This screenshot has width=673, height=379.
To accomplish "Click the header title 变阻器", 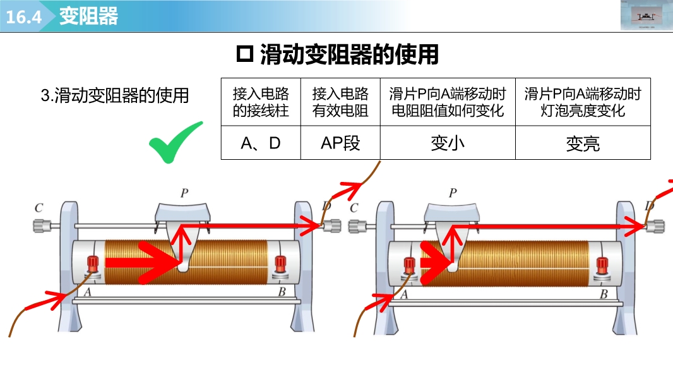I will pos(88,16).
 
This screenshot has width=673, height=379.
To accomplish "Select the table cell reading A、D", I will pos(261,143).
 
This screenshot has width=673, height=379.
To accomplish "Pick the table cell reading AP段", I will pos(340,143).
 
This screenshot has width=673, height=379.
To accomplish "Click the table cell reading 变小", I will pos(448,143).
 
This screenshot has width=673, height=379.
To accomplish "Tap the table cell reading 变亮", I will pos(583,144).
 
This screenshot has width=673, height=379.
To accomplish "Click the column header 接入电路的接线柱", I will pos(261,102).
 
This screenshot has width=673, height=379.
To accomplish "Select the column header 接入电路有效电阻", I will pos(340,102).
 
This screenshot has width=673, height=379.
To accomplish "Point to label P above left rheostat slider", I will pos(184,193).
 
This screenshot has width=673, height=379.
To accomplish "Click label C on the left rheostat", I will pos(39,207).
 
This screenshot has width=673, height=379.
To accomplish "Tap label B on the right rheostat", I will pos(604,294).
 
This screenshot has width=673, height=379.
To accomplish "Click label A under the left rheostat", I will pos(87,292).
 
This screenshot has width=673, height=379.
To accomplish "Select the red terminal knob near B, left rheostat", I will pos(280,263).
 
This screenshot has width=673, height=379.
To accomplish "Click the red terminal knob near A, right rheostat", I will pos(410,265).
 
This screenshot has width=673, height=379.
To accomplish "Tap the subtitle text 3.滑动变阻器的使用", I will pos(115,96).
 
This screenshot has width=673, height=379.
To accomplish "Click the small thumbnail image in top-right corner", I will pos(646,15).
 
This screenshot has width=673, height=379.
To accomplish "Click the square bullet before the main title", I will pos(244,55).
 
